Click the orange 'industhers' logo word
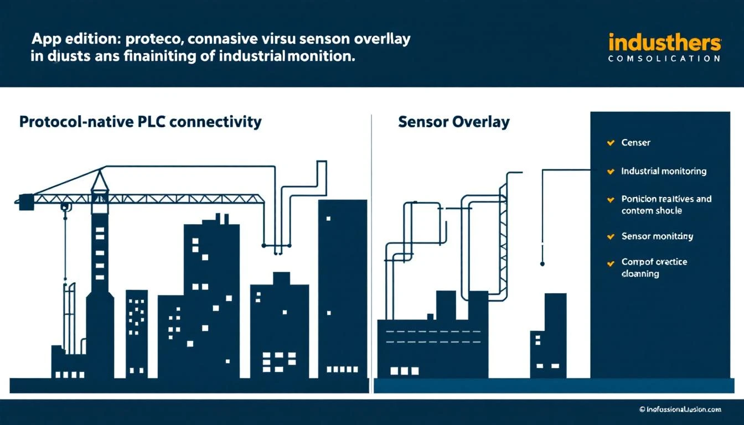point(665,43)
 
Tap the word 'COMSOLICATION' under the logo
point(664,58)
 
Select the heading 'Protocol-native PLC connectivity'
point(140,122)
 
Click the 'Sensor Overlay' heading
point(453,122)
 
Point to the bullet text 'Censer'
point(635,143)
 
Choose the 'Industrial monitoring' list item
point(664,172)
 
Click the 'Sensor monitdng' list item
point(657,236)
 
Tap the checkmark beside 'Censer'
point(611,143)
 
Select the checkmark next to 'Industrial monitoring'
point(611,172)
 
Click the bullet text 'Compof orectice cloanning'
point(654,268)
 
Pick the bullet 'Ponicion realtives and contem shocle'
point(666,205)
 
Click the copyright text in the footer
point(680,410)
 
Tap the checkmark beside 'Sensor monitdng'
point(611,236)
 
